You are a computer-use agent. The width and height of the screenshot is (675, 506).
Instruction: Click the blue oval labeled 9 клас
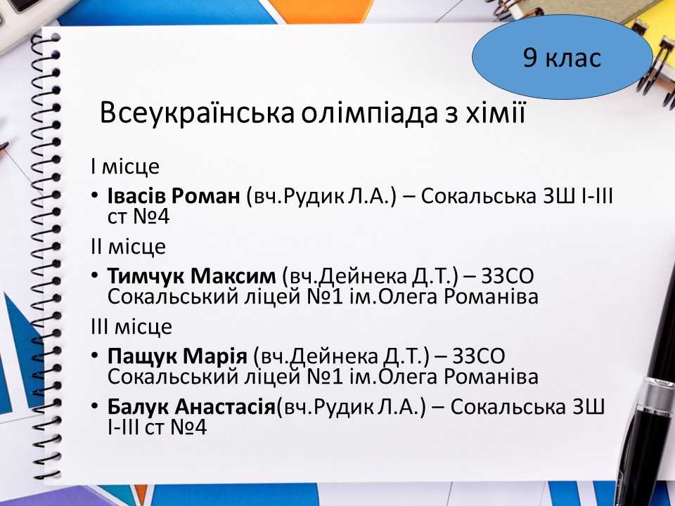[562, 57]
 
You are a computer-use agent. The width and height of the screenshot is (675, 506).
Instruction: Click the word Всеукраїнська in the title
[197, 114]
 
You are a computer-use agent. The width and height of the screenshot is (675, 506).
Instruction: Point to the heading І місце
[125, 167]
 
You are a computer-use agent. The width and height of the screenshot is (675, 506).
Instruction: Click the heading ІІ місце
[128, 247]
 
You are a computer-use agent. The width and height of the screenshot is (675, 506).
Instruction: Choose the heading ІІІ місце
[131, 327]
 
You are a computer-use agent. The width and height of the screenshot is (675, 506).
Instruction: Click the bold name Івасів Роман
[174, 196]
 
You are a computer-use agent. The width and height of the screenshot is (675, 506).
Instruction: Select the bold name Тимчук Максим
[191, 275]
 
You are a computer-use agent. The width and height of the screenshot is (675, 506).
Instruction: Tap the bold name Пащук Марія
[177, 356]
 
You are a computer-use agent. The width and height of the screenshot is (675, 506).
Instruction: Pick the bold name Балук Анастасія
[191, 407]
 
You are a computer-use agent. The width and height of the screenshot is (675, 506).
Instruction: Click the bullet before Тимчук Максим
[95, 275]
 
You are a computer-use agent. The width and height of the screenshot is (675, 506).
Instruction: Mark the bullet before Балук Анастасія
[95, 407]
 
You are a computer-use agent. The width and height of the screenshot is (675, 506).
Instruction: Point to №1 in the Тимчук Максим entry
[325, 297]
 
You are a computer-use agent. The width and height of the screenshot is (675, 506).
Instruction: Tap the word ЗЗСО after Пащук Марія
[479, 356]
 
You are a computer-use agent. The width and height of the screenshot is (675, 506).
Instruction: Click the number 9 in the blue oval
[530, 57]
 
